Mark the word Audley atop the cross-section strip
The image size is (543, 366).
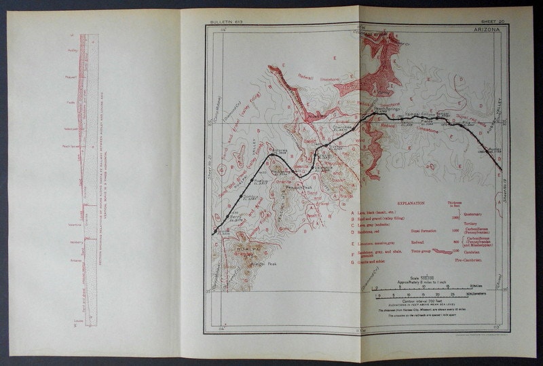pyautogui.click(x=73, y=50)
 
